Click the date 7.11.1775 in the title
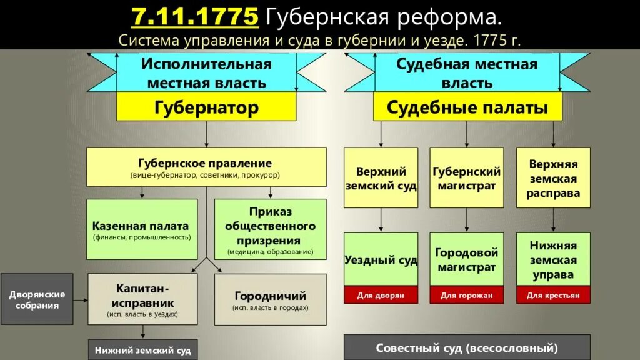pos(194,16)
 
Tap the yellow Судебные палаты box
pos(467,107)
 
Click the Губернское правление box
pos(206,167)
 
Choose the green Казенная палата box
pos(141,229)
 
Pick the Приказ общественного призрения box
pos(270,229)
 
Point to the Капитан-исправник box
pos(143,299)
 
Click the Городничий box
pos(270,299)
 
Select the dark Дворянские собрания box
pos(37,299)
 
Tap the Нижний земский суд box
pos(143,350)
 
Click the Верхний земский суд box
pos(381,178)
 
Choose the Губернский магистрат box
pos(467,178)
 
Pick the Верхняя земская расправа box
pos(553,178)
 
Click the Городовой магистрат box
pos(467,259)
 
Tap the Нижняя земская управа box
pos(553,259)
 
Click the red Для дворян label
pos(381,295)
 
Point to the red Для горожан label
pos(467,295)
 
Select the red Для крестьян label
pos(553,295)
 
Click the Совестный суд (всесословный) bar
pos(467,348)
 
